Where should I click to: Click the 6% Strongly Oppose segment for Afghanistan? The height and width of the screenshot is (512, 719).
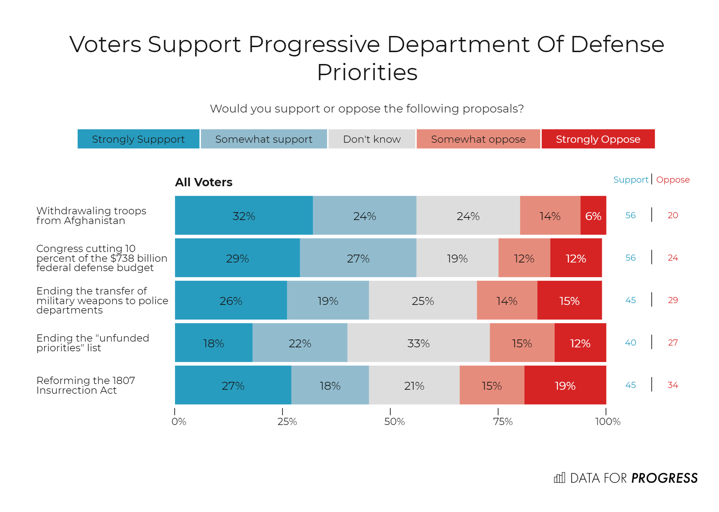point(593,216)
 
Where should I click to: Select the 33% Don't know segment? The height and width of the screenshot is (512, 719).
point(418,343)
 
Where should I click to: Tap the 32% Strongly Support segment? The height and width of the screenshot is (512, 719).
point(244,216)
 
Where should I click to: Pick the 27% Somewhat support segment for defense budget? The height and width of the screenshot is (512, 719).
point(358,258)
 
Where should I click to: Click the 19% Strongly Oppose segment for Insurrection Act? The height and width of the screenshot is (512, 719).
point(565,385)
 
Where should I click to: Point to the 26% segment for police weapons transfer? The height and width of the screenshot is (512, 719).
point(231,301)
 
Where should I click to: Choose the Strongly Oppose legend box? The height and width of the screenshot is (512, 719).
point(598,139)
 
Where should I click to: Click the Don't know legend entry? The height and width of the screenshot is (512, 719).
point(372,139)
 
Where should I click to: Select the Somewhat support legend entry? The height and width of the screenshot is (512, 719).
point(264,139)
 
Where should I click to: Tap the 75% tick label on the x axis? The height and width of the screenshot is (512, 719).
point(503,421)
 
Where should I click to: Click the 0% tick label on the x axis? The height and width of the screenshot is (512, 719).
point(179,421)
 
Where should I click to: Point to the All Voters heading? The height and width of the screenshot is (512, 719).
point(203,182)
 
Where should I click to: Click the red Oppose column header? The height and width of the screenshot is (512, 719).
point(673,180)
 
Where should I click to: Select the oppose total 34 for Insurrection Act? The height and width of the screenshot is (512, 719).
point(673,385)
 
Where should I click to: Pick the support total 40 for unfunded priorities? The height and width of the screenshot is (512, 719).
point(631,343)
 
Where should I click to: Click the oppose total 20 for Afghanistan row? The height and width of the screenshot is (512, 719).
point(673,215)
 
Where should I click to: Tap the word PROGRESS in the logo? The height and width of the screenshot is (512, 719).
point(664,478)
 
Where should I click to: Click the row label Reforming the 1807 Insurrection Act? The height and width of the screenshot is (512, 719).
point(86,385)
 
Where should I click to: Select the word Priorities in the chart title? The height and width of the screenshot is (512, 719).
point(367,72)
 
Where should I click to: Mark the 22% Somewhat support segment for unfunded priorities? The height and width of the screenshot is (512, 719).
point(300,343)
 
